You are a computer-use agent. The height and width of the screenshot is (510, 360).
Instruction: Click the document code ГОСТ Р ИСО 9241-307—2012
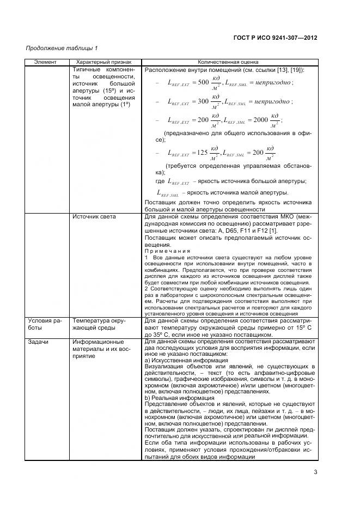click(275, 38)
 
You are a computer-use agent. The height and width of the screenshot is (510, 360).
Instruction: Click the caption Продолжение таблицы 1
click(62, 49)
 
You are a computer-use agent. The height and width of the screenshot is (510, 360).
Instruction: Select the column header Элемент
click(45, 62)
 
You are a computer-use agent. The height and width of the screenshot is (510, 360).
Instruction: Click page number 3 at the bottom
click(315, 473)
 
